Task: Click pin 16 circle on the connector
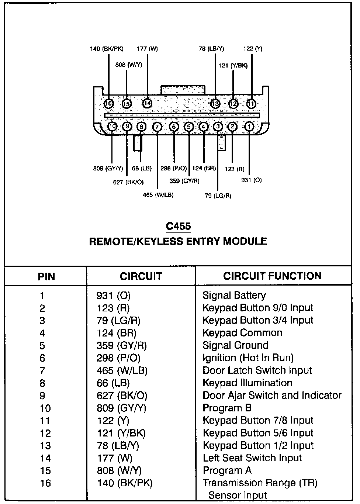(109, 104)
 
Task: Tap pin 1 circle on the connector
(249, 127)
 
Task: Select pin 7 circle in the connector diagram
(157, 127)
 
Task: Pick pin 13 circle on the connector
(215, 104)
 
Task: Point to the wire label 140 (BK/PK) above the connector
(107, 49)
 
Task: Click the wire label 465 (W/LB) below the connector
(158, 195)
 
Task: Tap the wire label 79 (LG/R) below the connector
(218, 196)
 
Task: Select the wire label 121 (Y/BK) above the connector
(233, 66)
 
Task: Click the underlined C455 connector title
(179, 226)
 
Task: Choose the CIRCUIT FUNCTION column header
(272, 276)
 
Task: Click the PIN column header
(46, 277)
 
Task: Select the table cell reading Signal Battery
(234, 296)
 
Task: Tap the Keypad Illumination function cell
(247, 383)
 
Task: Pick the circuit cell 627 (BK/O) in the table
(122, 396)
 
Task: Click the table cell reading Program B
(227, 408)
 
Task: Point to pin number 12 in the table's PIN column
(45, 433)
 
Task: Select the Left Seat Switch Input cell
(252, 458)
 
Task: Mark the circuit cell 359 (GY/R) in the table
(121, 346)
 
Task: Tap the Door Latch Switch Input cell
(257, 370)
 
